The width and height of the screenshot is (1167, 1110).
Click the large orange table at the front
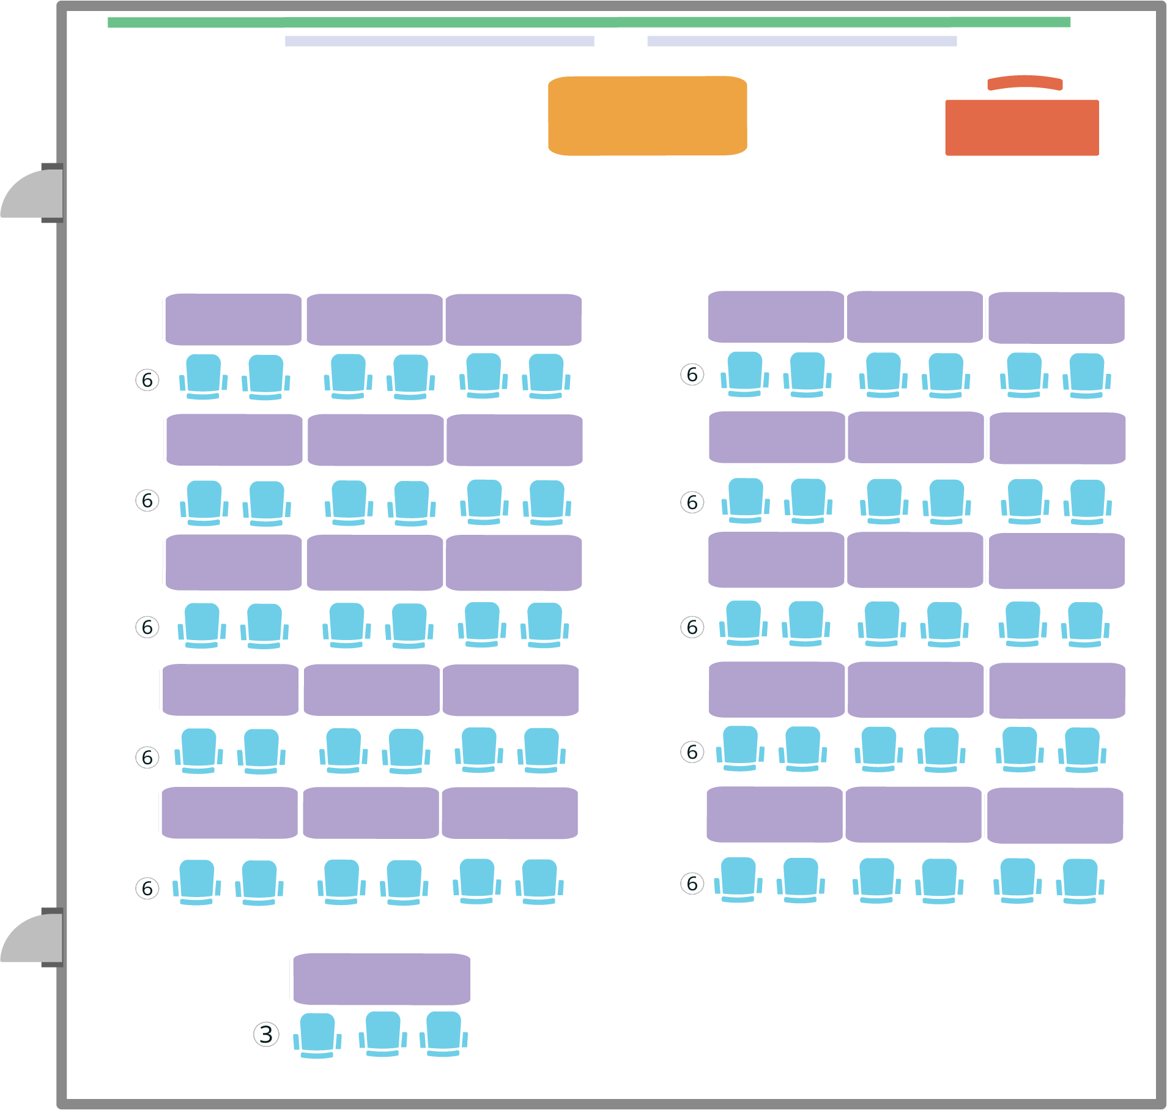point(647,116)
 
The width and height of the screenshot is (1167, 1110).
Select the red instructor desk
point(1021,127)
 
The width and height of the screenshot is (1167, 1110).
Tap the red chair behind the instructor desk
point(1024,83)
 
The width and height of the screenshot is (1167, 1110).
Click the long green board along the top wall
point(588,22)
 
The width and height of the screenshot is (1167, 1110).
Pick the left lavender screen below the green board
point(439,41)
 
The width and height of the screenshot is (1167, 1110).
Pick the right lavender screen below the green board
point(802,41)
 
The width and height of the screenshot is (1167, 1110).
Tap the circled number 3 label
point(266,1034)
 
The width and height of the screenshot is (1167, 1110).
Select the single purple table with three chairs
point(382,978)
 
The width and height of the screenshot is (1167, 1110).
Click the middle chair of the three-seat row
point(383,1034)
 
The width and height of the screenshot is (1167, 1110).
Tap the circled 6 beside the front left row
point(147,380)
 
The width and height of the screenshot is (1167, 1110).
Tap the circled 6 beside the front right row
point(692,374)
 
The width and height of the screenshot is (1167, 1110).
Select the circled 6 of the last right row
point(692,883)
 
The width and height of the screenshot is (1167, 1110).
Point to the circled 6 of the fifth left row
point(147,888)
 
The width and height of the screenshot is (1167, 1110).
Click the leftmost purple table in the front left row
point(233,319)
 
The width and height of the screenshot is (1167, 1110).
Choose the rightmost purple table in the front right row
point(1056,318)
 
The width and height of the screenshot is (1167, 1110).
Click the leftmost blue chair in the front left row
point(203,376)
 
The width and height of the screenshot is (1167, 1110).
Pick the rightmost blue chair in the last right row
point(1080,881)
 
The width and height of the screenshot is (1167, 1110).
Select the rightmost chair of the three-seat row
point(443,1034)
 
